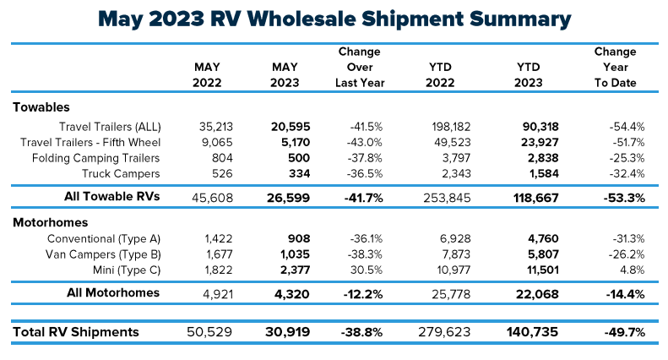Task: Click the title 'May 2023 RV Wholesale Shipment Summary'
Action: [334, 18]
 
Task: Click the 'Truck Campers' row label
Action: [122, 173]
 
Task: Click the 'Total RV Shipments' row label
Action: [76, 333]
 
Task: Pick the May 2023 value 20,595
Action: [290, 126]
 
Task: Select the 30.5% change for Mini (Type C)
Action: [371, 270]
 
